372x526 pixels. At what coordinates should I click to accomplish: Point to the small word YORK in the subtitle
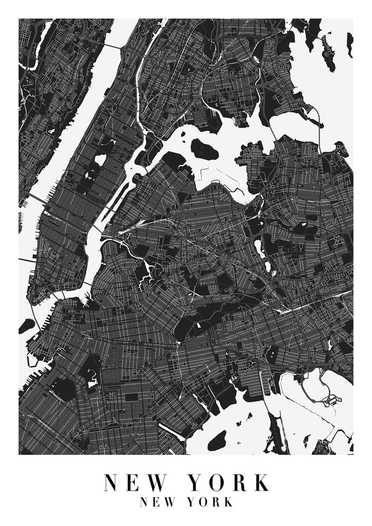pos(210,502)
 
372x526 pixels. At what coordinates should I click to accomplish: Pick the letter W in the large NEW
pos(158,482)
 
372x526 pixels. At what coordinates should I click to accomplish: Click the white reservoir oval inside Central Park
pos(100,159)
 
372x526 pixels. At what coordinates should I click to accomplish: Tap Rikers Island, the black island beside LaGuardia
pos(204,150)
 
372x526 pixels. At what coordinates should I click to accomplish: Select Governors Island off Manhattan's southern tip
pos(26,326)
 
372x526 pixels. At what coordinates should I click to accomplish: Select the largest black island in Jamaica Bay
pos(217,441)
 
